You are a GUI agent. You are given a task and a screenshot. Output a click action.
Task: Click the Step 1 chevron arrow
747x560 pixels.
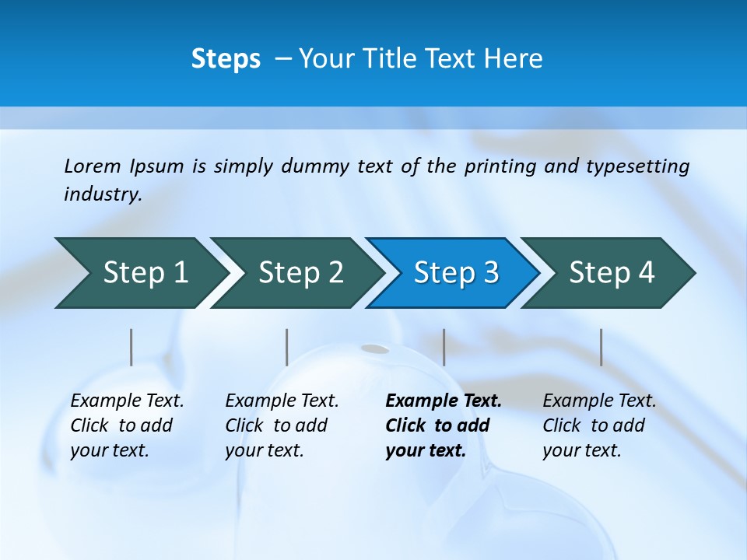pyautogui.click(x=140, y=273)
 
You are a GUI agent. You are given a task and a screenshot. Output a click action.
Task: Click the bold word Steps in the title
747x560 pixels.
pyautogui.click(x=226, y=58)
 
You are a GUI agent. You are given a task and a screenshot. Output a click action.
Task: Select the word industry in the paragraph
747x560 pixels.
pyautogui.click(x=102, y=194)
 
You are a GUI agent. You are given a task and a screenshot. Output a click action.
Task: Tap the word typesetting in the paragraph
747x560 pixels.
pyautogui.click(x=637, y=166)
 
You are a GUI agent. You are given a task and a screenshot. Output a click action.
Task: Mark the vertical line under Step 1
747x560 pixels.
pyautogui.click(x=132, y=347)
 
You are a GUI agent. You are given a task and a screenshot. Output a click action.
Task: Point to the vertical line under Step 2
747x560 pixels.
pyautogui.click(x=287, y=347)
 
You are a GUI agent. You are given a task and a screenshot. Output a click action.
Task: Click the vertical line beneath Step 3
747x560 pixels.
pyautogui.click(x=444, y=347)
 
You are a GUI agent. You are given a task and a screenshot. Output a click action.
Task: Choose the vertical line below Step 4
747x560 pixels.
pyautogui.click(x=601, y=347)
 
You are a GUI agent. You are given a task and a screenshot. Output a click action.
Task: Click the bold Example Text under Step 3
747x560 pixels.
pyautogui.click(x=444, y=401)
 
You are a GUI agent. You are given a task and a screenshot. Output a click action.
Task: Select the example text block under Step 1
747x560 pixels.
pyautogui.click(x=127, y=425)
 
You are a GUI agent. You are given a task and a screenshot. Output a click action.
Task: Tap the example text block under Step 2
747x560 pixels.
pyautogui.click(x=282, y=425)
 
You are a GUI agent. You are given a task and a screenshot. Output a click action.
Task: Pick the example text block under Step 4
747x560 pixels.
pyautogui.click(x=599, y=425)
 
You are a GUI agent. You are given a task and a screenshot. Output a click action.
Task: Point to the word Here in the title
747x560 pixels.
pyautogui.click(x=518, y=58)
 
